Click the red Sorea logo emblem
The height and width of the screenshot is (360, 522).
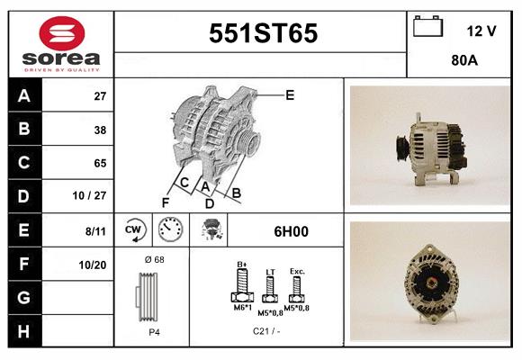click(62, 33)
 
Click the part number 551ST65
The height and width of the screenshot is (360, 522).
click(263, 33)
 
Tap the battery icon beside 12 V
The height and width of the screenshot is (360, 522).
click(427, 26)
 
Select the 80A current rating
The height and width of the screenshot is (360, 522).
click(464, 60)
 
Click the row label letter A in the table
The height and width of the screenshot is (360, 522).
click(24, 96)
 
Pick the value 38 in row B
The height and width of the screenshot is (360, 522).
click(100, 130)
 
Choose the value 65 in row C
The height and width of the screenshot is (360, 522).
click(100, 163)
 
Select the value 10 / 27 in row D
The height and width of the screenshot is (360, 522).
click(89, 195)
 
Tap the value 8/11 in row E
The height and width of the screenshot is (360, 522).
click(95, 231)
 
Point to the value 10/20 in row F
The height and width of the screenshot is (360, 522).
click(93, 265)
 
